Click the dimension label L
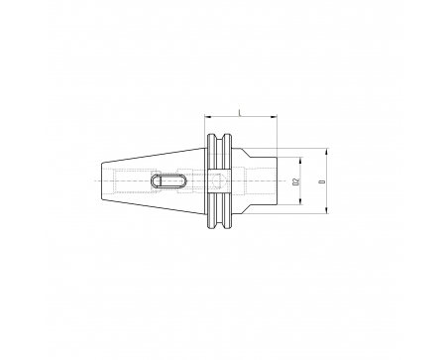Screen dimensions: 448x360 pos(240,112)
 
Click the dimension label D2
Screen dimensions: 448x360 pos(296,181)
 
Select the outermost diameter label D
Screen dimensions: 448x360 pos(323,181)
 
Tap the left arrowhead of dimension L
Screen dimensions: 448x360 pos(207,116)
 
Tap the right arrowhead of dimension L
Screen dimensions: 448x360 pos(274,116)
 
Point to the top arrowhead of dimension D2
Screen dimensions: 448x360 pos(300,161)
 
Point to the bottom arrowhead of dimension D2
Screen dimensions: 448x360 pos(300,201)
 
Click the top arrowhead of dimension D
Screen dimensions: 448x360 pos(326,152)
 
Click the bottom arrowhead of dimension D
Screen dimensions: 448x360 pos(326,210)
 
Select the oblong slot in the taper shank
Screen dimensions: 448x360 pos(168,181)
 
